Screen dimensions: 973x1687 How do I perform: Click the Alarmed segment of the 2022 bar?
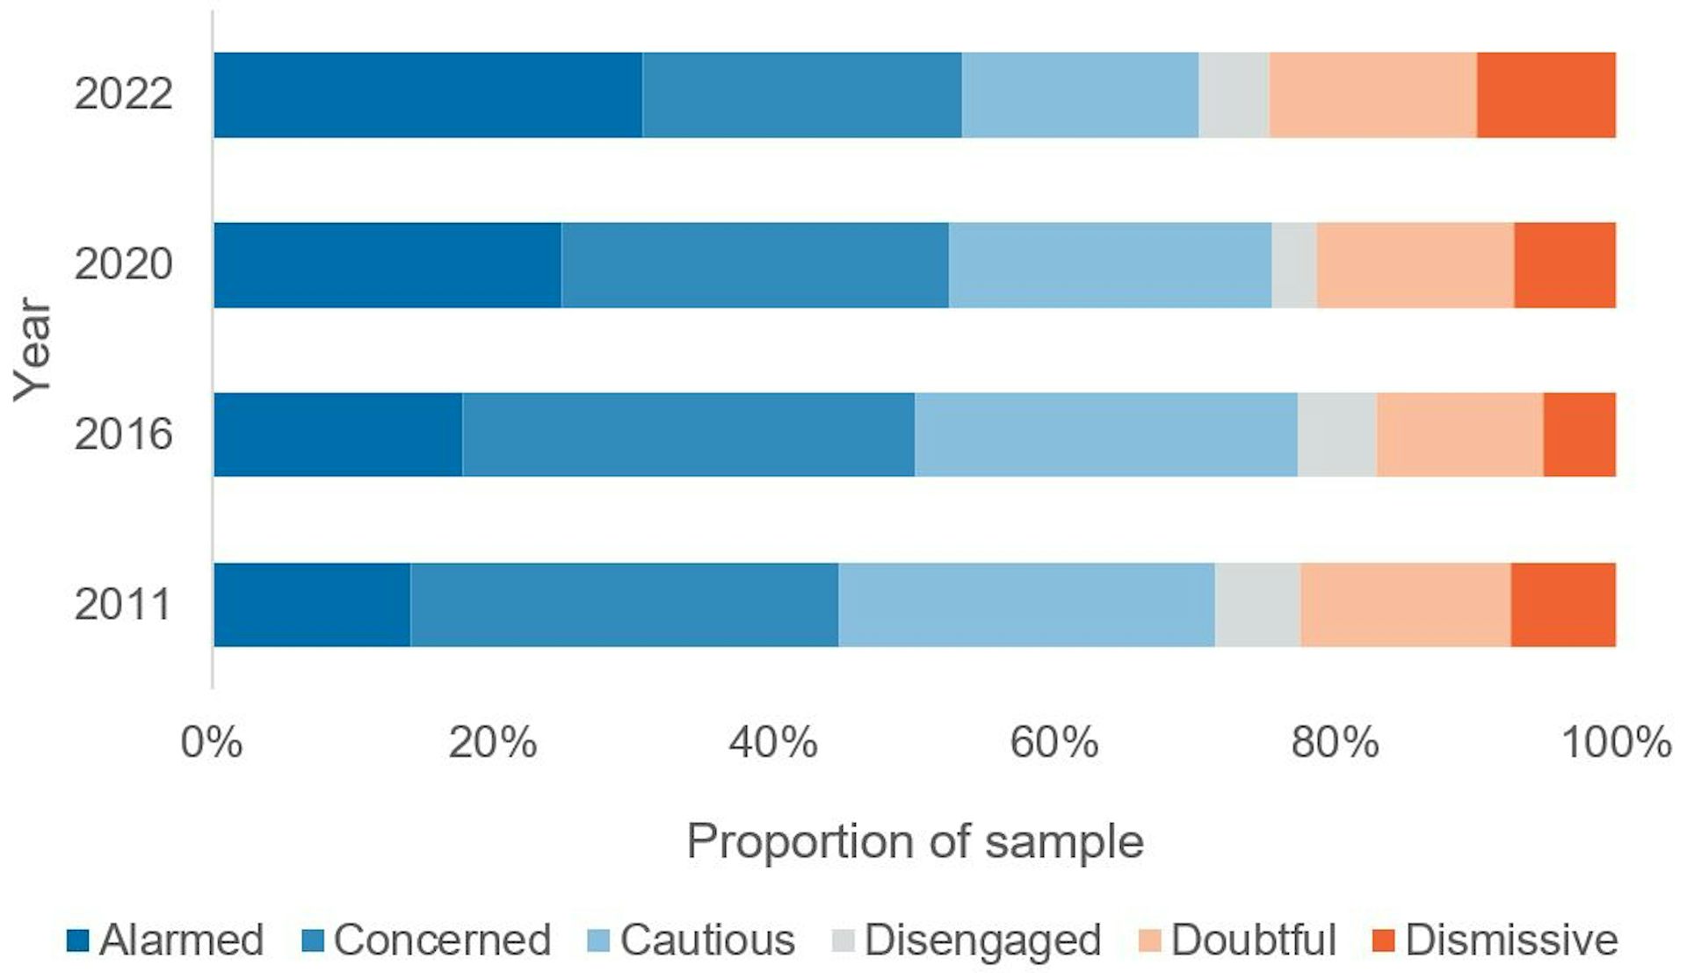pyautogui.click(x=428, y=95)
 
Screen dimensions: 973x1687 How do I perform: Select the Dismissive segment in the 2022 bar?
pyautogui.click(x=1546, y=95)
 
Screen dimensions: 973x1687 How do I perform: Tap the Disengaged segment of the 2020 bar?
pyautogui.click(x=1293, y=265)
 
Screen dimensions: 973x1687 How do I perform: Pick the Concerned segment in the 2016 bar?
pyautogui.click(x=688, y=435)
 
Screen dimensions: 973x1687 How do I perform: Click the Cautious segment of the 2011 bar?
pyautogui.click(x=1026, y=605)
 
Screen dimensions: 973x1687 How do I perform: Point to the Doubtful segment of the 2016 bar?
pyautogui.click(x=1459, y=435)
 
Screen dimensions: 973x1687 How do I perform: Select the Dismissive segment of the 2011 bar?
pyautogui.click(x=1562, y=605)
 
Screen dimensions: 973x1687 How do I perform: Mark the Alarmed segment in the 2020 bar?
pyautogui.click(x=387, y=265)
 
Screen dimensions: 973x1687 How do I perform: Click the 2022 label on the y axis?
pyautogui.click(x=123, y=94)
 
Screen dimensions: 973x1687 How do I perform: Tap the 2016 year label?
pyautogui.click(x=123, y=434)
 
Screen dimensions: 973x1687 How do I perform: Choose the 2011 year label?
pyautogui.click(x=123, y=604)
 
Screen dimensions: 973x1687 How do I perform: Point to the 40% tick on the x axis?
pyautogui.click(x=772, y=743)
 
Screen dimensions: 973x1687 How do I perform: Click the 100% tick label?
pyautogui.click(x=1615, y=743)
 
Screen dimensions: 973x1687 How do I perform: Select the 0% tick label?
pyautogui.click(x=211, y=743)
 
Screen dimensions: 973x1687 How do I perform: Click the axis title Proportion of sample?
pyautogui.click(x=914, y=841)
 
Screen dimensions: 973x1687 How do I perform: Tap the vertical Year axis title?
pyautogui.click(x=33, y=350)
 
